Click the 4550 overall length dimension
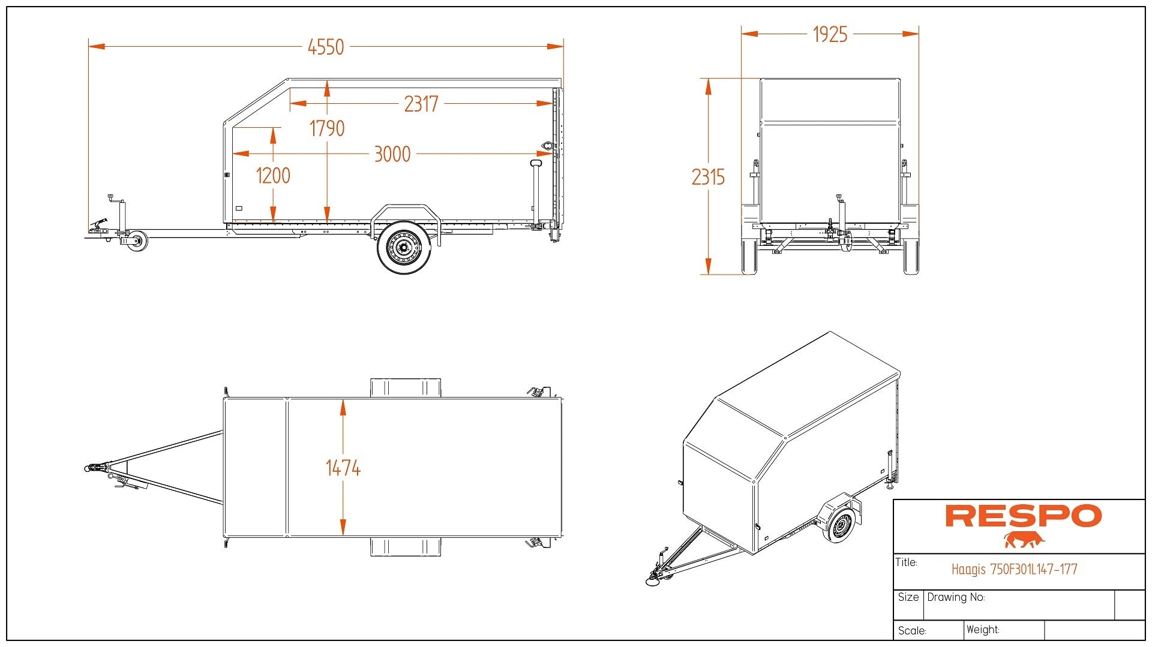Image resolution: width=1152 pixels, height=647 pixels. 326,47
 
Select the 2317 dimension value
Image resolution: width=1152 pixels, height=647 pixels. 421,104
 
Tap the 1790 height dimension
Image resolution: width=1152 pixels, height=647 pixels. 327,128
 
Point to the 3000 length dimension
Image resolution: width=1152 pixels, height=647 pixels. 392,154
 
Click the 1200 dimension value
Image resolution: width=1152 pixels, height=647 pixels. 273,176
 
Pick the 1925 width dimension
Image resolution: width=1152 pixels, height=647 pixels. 830,35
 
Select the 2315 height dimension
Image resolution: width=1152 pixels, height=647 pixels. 708,177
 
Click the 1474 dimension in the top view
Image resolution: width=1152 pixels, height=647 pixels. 343,468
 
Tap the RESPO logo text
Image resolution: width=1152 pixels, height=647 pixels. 1023,516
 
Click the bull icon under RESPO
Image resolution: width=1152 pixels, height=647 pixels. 1024,540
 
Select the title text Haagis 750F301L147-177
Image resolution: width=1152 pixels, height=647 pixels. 1014,569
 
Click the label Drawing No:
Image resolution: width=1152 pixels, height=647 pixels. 956,597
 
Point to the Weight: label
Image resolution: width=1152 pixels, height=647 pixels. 983,630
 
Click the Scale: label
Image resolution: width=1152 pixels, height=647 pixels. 912,631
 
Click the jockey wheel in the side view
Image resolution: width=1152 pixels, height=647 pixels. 137,240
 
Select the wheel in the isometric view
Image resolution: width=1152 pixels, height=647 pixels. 840,526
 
